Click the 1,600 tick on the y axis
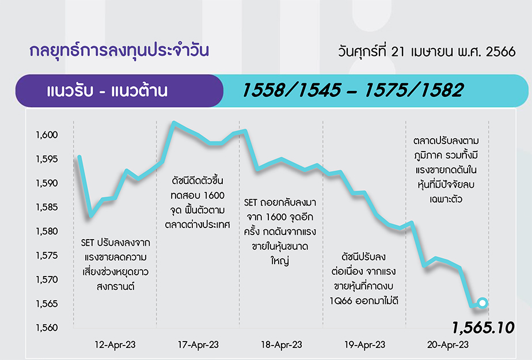coord(47,135)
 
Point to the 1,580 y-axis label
coord(47,232)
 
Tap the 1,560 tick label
coord(47,328)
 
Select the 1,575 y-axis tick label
coord(47,256)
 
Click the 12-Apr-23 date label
coord(115,345)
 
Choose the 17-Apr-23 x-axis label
coord(198,345)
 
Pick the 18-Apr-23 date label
coord(282,345)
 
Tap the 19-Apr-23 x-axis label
coord(364,345)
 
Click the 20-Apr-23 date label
coord(448,345)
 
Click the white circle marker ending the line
coord(482,302)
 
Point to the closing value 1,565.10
coord(483,328)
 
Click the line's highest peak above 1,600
coord(174,123)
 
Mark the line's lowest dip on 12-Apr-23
coord(90,215)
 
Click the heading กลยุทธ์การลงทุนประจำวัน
coord(119,50)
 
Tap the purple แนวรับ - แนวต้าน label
coord(107,91)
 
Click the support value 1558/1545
coord(291,90)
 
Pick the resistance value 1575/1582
coord(413,90)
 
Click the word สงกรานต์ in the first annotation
coord(115,287)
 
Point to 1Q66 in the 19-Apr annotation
coord(341,301)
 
